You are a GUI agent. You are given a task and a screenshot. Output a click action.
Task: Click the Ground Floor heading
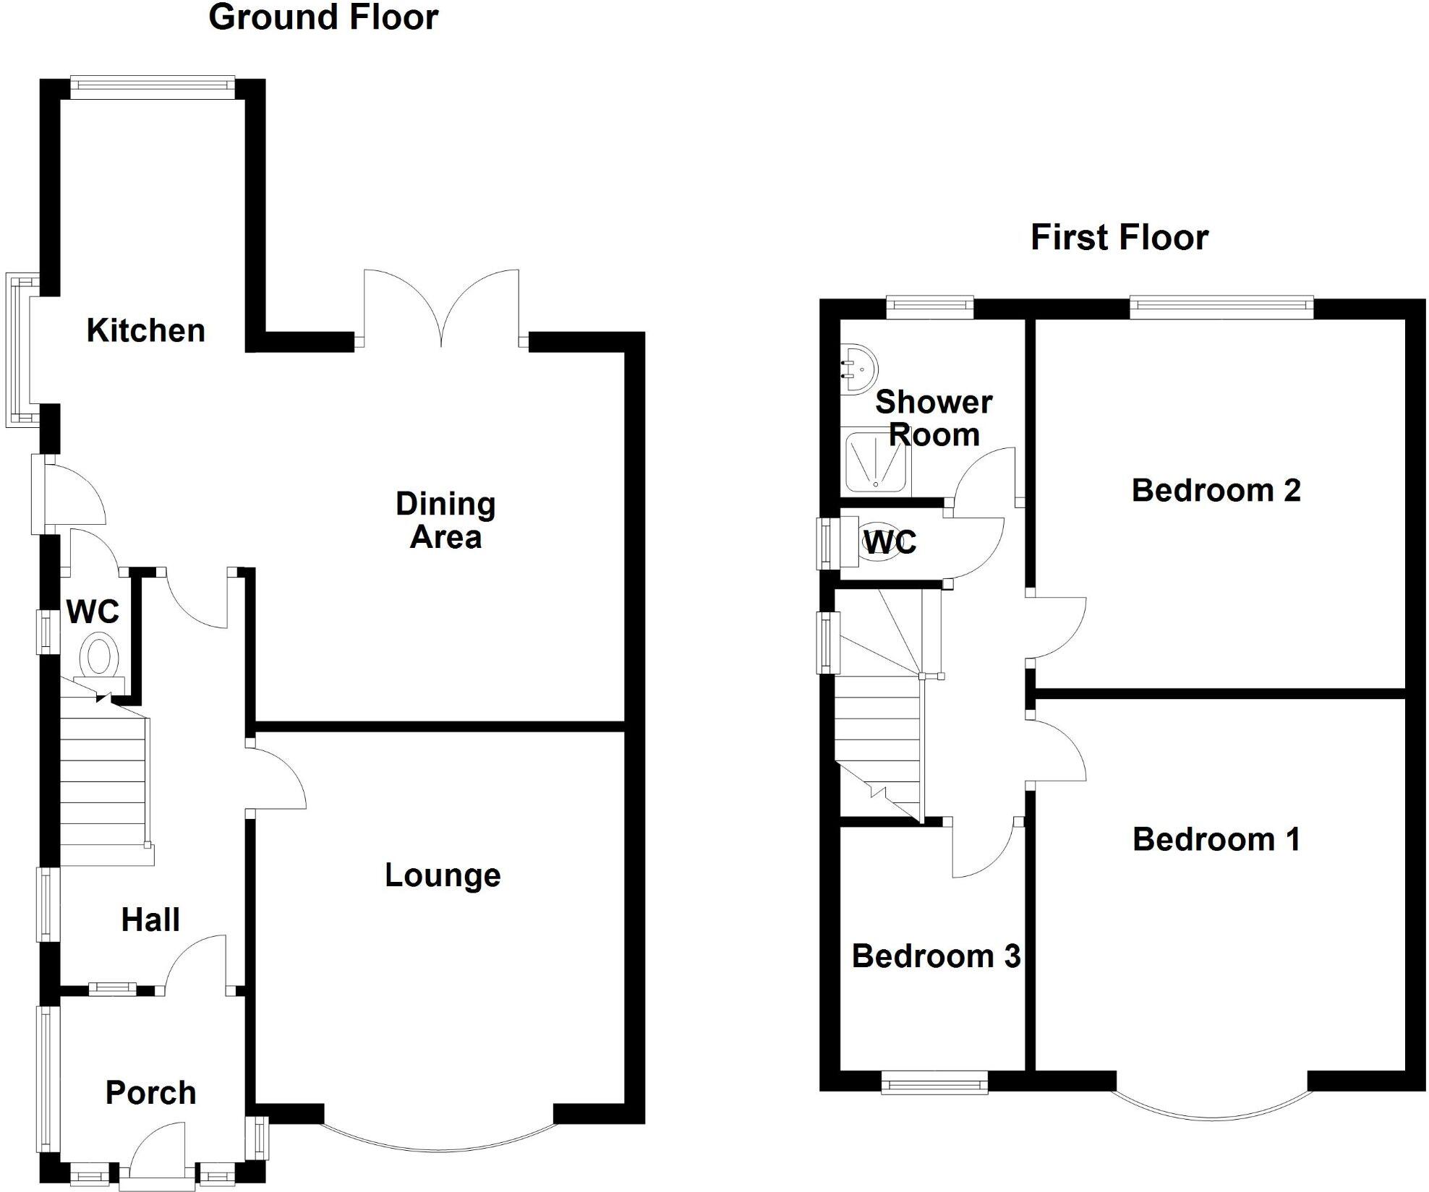323,17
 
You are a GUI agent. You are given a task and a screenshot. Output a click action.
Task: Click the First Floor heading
1119,238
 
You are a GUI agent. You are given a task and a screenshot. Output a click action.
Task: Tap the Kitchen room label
145,330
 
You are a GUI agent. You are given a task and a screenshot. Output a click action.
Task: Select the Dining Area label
445,520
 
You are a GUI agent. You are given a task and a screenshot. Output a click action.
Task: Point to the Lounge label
443,875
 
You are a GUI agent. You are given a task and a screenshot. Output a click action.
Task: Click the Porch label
150,1092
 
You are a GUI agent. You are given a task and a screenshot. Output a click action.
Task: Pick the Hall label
150,920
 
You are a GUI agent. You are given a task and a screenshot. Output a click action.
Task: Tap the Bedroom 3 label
936,956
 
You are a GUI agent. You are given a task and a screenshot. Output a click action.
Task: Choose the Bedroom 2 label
1216,490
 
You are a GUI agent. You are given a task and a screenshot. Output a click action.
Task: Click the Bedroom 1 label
1216,839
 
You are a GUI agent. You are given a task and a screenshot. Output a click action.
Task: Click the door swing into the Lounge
278,775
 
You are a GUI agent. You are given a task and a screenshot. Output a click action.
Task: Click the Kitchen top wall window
153,87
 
